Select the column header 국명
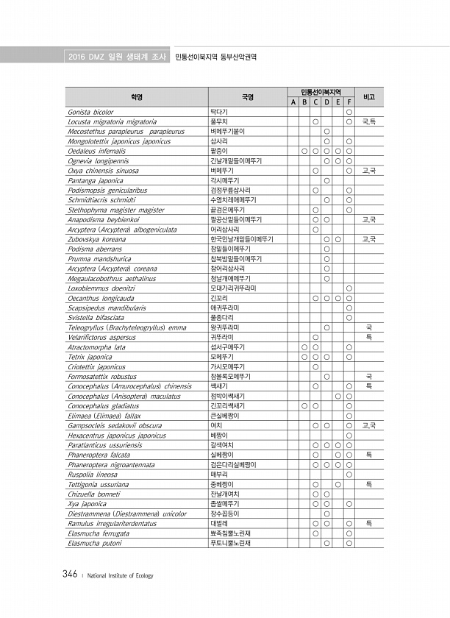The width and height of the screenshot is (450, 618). (x=247, y=96)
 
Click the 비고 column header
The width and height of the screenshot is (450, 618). (x=369, y=96)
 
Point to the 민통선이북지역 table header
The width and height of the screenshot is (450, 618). (x=321, y=91)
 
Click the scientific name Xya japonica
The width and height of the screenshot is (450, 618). (x=87, y=504)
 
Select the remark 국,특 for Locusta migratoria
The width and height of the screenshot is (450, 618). (x=369, y=121)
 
